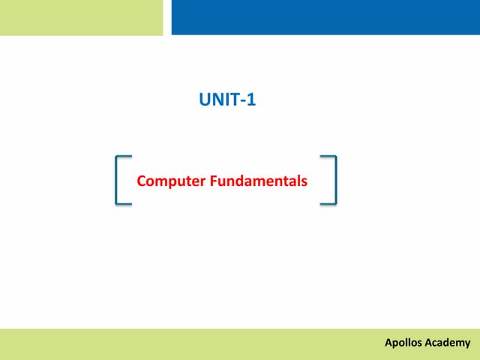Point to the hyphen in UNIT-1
243,99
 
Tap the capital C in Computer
142,181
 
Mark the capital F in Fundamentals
213,181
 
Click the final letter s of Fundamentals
304,181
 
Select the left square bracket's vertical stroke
118,180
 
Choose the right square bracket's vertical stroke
334,180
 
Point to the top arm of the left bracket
124,157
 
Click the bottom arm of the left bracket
124,203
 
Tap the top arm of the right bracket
328,157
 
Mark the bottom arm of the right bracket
328,203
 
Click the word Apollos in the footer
403,343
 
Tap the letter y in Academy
467,344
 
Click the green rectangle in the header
81,17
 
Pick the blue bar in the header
325,17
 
